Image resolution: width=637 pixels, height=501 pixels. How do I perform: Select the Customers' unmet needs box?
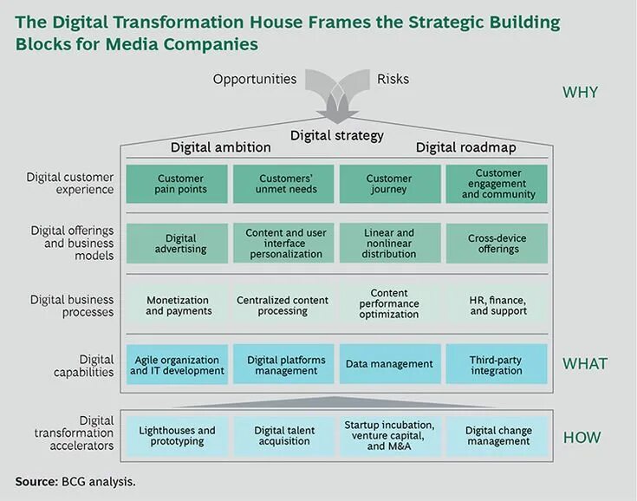pyautogui.click(x=283, y=184)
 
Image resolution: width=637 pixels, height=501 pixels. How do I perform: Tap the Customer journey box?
pyautogui.click(x=389, y=184)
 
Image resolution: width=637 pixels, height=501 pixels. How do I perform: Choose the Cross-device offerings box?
pyautogui.click(x=497, y=244)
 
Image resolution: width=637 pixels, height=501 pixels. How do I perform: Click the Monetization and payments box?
pyautogui.click(x=179, y=305)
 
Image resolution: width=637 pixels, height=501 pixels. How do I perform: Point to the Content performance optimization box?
pyautogui.click(x=389, y=304)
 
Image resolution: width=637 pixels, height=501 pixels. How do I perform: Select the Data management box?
pyautogui.click(x=389, y=365)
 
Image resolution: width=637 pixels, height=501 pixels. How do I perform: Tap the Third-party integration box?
pyautogui.click(x=497, y=365)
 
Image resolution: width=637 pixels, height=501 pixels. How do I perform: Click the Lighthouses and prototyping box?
pyautogui.click(x=178, y=435)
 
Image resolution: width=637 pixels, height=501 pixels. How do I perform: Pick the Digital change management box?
pyautogui.click(x=497, y=435)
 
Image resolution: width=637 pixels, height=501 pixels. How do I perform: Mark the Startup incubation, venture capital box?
pyautogui.click(x=389, y=435)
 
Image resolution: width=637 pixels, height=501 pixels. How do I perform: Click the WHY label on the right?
pyautogui.click(x=581, y=92)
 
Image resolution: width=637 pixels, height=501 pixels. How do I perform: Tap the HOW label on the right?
pyautogui.click(x=582, y=438)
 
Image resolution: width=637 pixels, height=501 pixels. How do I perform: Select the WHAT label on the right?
pyautogui.click(x=586, y=363)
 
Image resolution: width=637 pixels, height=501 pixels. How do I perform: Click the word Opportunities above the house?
pyautogui.click(x=255, y=80)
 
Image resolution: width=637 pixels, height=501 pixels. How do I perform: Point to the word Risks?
pyautogui.click(x=393, y=80)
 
